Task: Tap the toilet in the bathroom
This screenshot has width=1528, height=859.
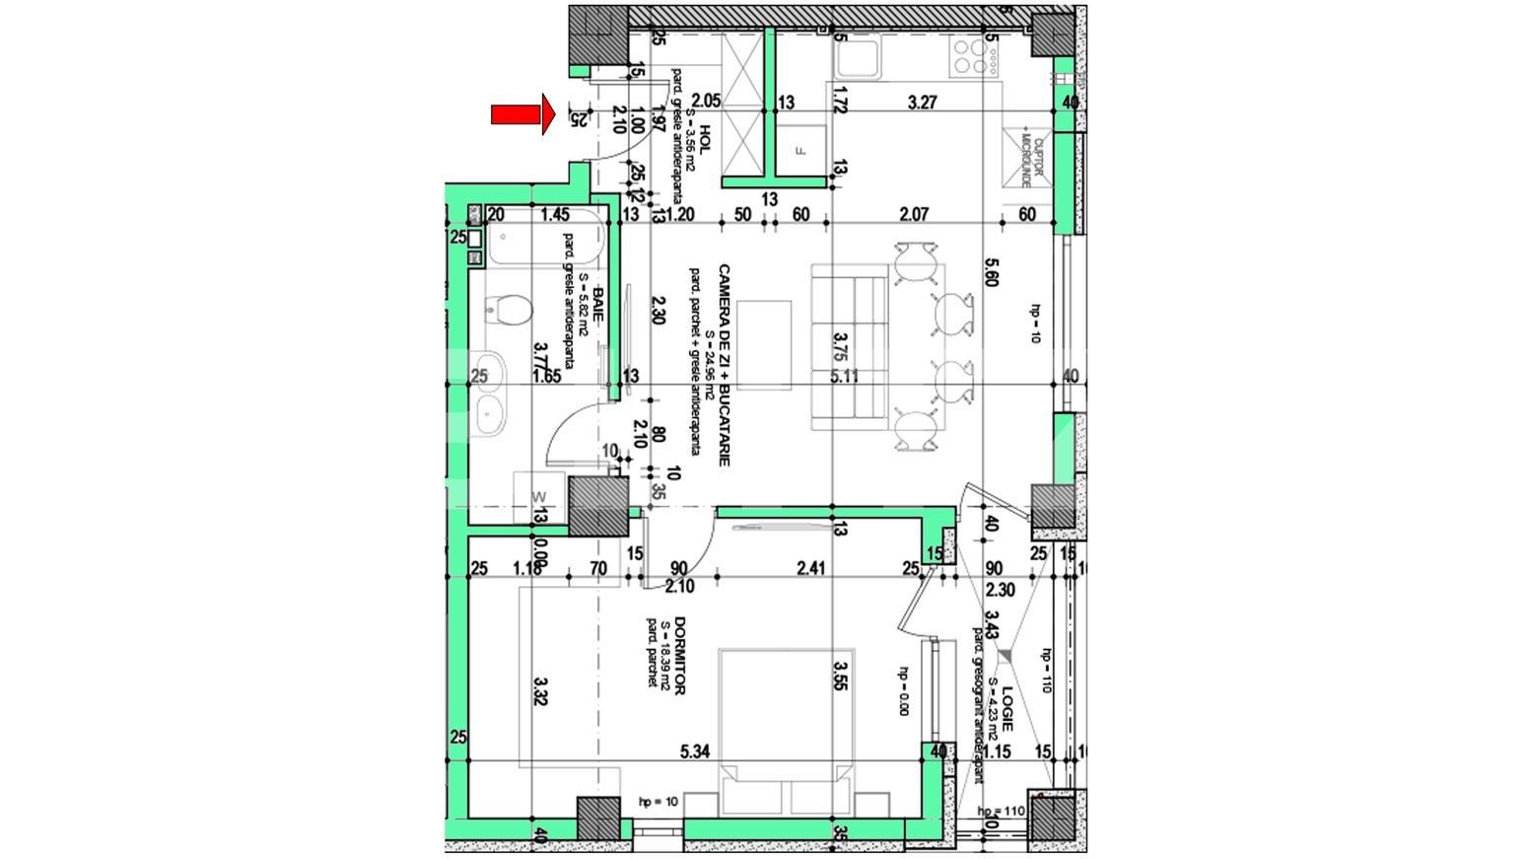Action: click(509, 313)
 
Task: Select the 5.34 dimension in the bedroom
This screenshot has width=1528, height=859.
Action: click(695, 752)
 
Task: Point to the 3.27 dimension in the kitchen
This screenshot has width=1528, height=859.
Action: click(922, 102)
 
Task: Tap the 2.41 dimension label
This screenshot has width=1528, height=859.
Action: click(809, 568)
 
